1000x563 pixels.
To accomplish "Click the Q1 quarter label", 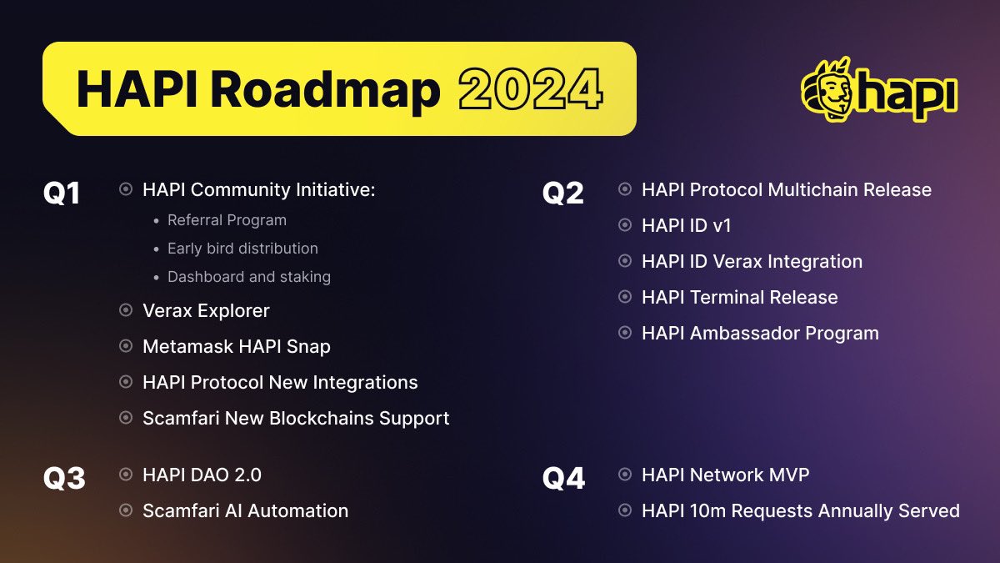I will (62, 193).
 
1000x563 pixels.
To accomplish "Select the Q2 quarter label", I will (563, 193).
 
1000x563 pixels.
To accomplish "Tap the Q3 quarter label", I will (64, 479).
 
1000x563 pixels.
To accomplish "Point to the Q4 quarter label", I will (563, 479).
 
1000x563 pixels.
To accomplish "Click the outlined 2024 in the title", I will (530, 90).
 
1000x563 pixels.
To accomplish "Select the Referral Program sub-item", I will (227, 220).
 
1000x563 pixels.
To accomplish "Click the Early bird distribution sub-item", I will (242, 249).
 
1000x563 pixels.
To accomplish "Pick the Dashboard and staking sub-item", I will (248, 277).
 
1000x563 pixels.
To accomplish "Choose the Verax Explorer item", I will (206, 310).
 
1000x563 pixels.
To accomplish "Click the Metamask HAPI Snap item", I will (237, 346).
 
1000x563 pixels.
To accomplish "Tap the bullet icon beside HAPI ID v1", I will (624, 225).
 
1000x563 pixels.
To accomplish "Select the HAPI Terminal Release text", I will (739, 297).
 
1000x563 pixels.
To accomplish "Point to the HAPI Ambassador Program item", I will (760, 333).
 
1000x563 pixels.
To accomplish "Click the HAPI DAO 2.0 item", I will (202, 475).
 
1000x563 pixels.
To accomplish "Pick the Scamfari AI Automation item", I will (245, 510).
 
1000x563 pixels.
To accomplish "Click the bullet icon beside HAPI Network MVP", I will (624, 475).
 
